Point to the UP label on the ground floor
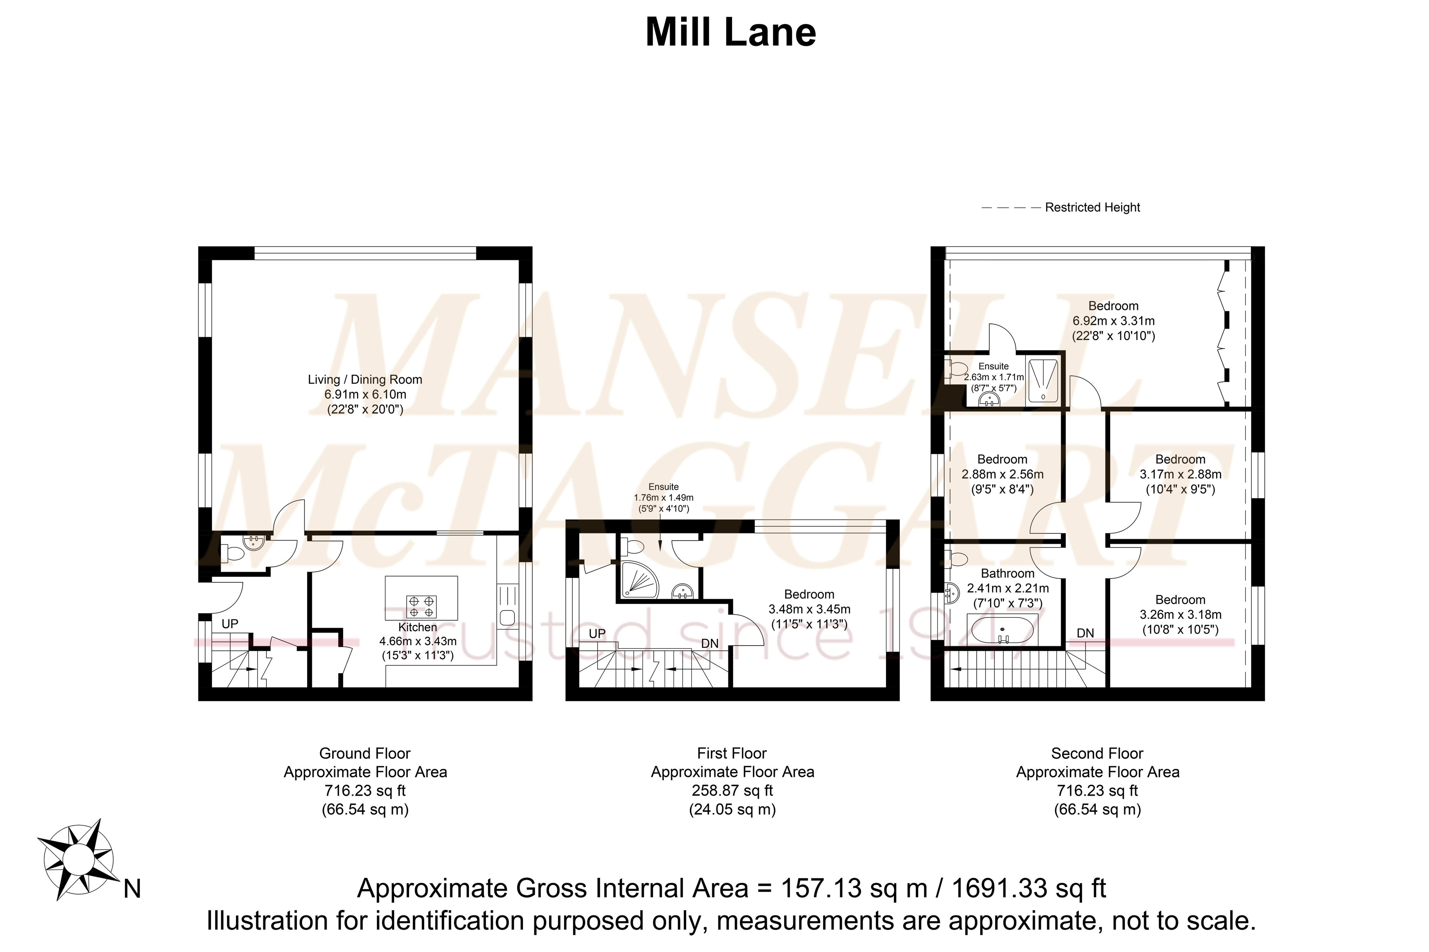pyautogui.click(x=230, y=624)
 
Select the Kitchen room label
pyautogui.click(x=417, y=627)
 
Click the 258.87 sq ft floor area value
pyautogui.click(x=732, y=790)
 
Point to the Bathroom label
pyautogui.click(x=1007, y=573)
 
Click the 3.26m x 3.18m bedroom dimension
pyautogui.click(x=1180, y=614)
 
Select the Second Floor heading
pyautogui.click(x=1097, y=753)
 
